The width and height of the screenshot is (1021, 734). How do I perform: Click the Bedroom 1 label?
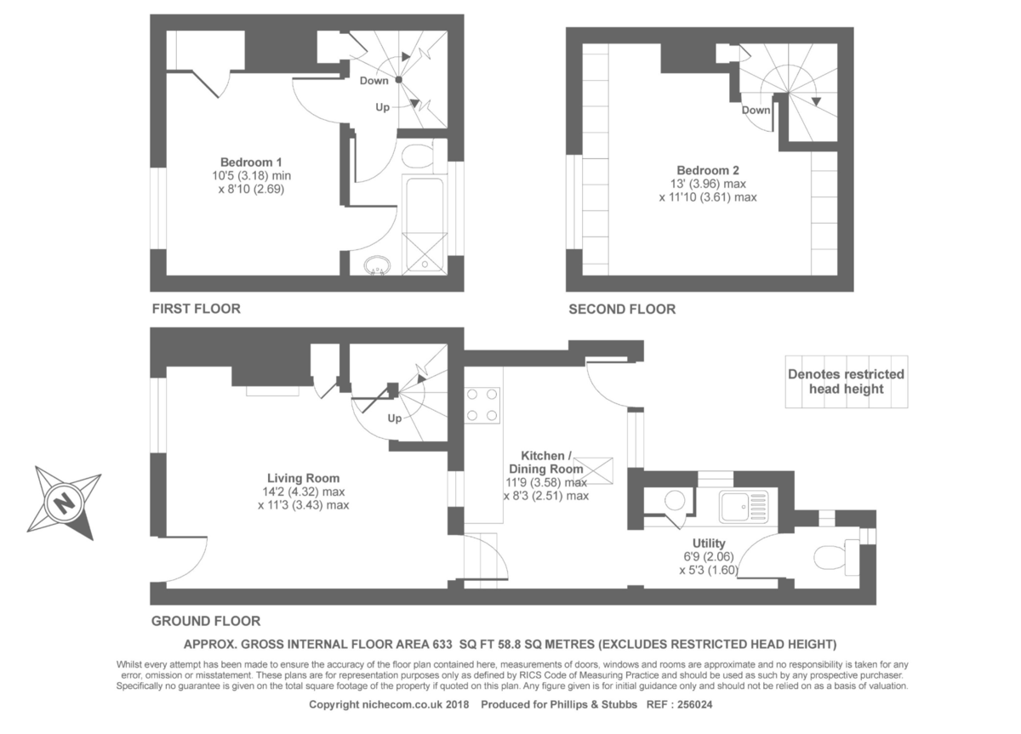(251, 162)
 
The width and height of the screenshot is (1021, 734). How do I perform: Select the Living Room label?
(303, 477)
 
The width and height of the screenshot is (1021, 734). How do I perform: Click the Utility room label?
(708, 543)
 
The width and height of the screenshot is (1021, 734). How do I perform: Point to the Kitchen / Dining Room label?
(546, 463)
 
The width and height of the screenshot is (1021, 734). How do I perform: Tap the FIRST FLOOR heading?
(196, 309)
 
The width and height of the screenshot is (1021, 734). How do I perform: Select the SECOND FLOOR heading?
(622, 310)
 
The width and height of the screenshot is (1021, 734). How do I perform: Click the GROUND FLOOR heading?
(205, 621)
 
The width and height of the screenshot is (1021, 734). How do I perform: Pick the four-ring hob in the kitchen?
(482, 405)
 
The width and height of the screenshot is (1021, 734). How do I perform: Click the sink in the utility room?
(743, 506)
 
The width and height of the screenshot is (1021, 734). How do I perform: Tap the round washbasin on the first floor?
(375, 266)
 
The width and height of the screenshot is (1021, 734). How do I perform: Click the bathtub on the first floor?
(422, 224)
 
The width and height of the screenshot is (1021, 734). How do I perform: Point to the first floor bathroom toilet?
(417, 158)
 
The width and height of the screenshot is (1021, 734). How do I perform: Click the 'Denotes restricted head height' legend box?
(846, 382)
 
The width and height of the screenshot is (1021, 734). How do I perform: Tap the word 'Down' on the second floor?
(756, 110)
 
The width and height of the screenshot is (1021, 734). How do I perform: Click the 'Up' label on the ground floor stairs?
(395, 418)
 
